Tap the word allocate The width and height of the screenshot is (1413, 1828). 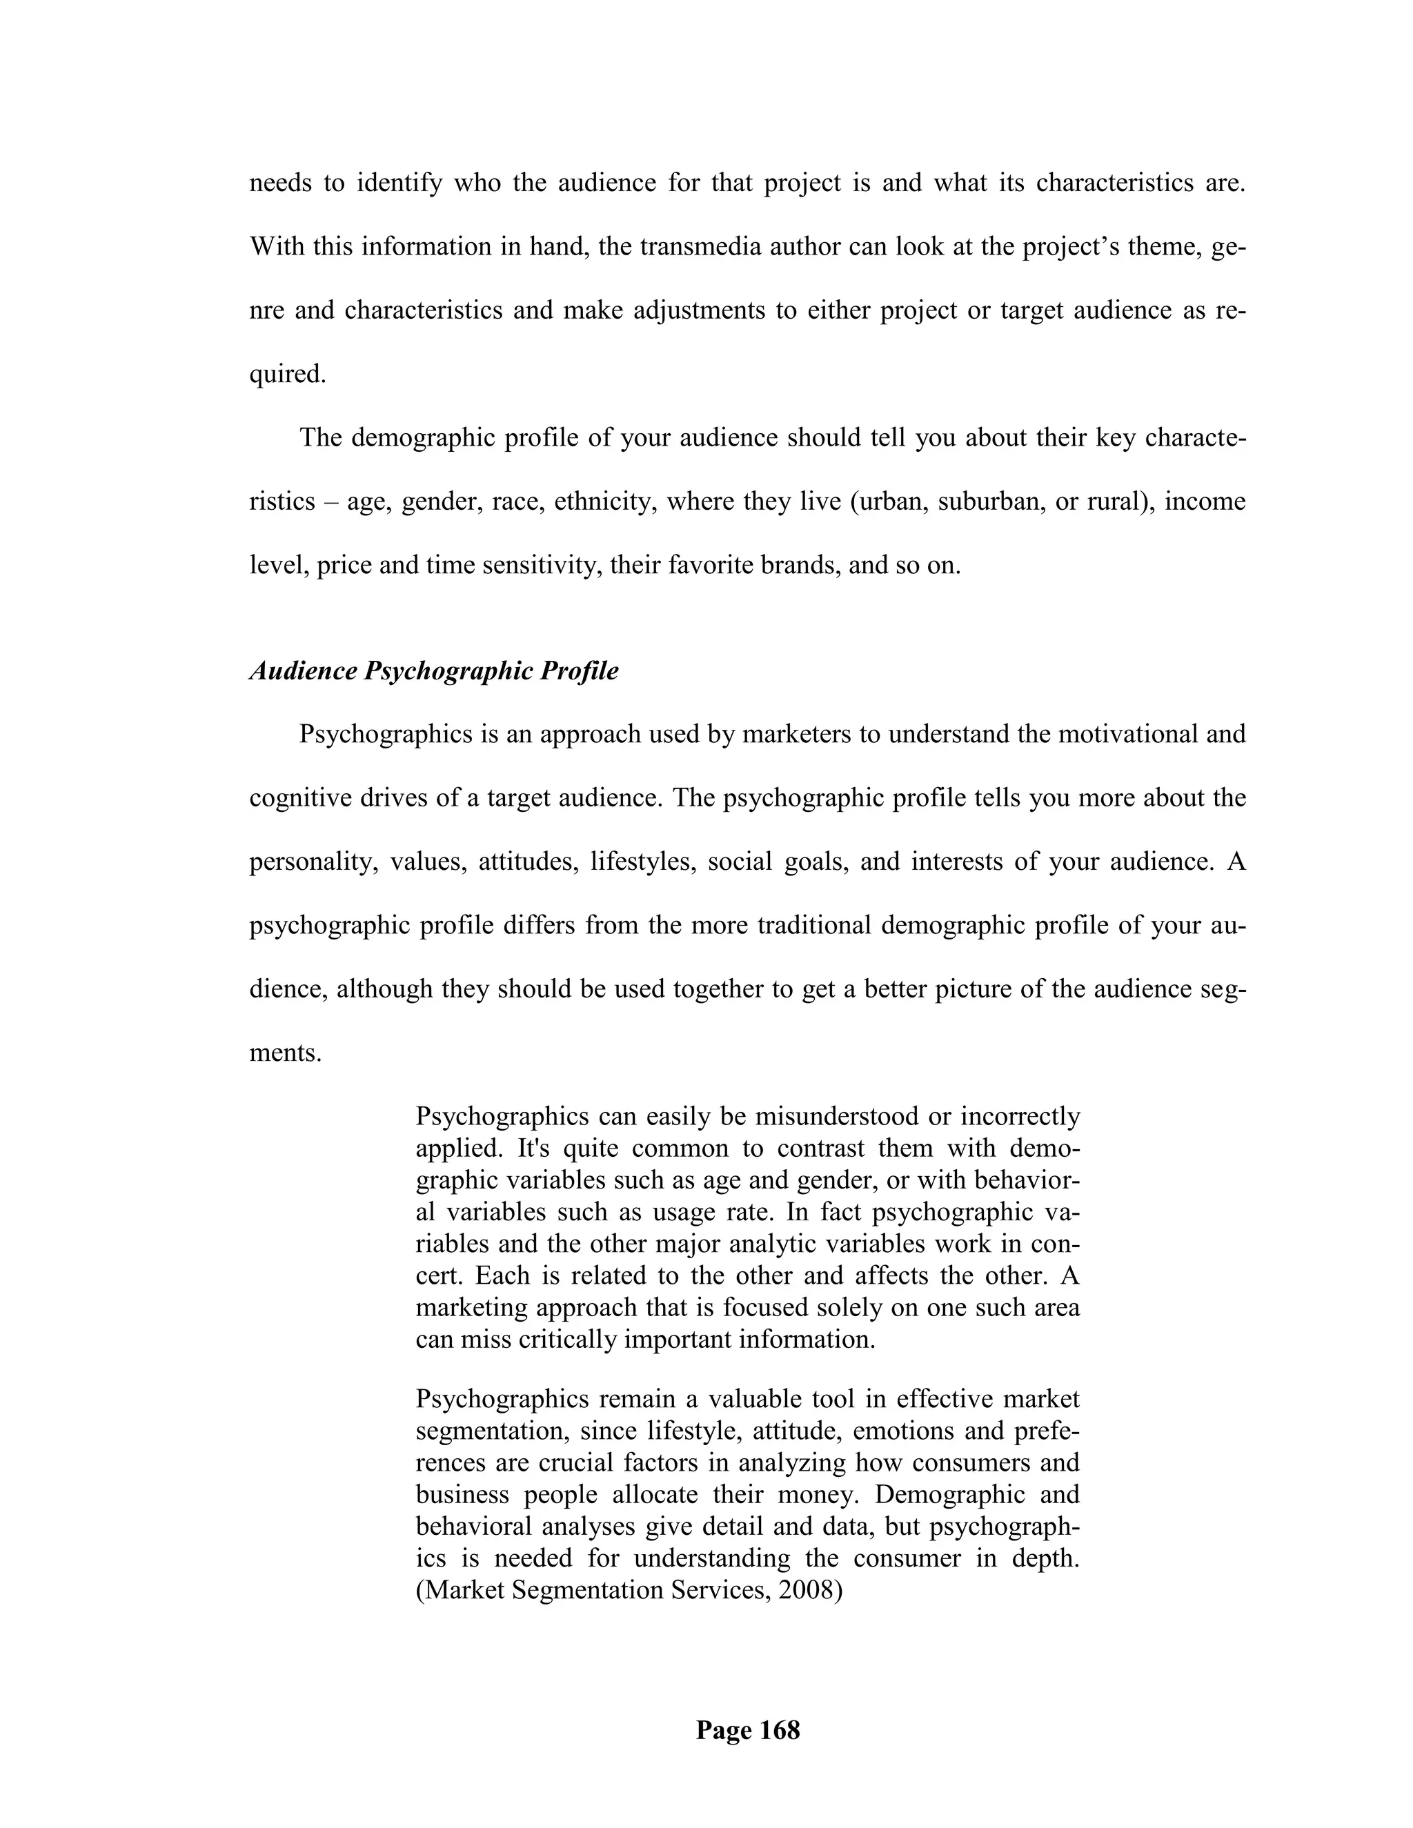click(656, 1494)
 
